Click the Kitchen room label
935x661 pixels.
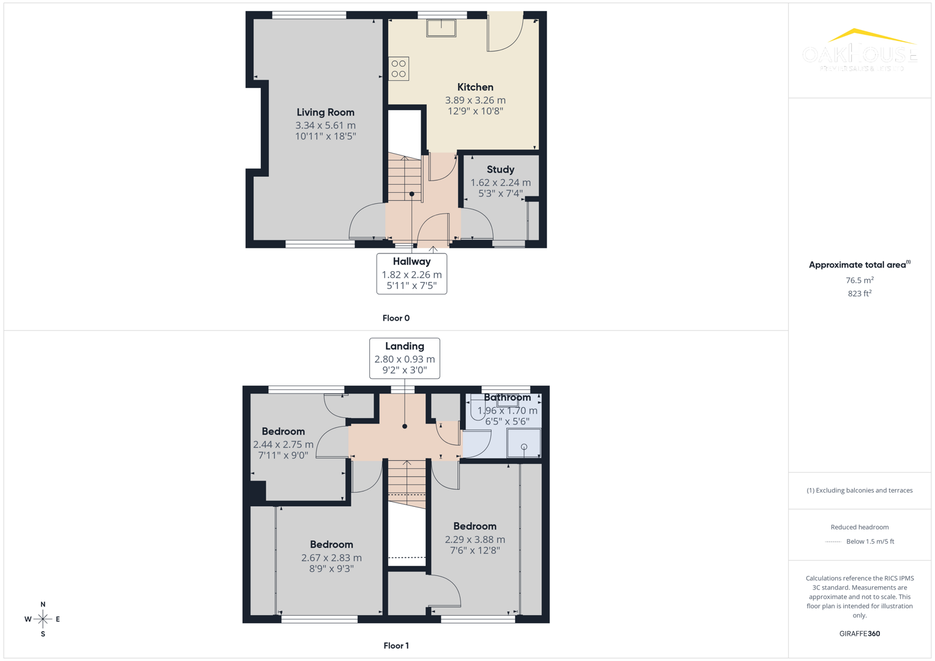[x=475, y=88]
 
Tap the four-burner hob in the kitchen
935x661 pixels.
[x=399, y=69]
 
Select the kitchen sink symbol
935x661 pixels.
[x=441, y=28]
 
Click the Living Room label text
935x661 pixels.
[x=325, y=113]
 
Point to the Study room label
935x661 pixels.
[x=500, y=170]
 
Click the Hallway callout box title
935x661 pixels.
[x=411, y=262]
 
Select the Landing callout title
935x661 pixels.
[x=404, y=346]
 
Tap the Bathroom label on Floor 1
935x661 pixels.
[x=507, y=398]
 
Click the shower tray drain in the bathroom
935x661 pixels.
[x=524, y=447]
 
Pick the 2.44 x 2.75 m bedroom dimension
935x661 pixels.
[x=283, y=445]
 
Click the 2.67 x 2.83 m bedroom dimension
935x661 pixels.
[x=331, y=558]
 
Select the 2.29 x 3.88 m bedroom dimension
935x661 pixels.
[x=475, y=540]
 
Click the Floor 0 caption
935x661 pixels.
[x=396, y=318]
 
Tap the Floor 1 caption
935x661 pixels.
[x=396, y=646]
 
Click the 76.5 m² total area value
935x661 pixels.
[x=859, y=280]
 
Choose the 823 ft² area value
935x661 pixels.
[x=859, y=294]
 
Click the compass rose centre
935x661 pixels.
[x=43, y=619]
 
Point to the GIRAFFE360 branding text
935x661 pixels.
[x=859, y=634]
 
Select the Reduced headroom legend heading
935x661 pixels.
[x=859, y=527]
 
